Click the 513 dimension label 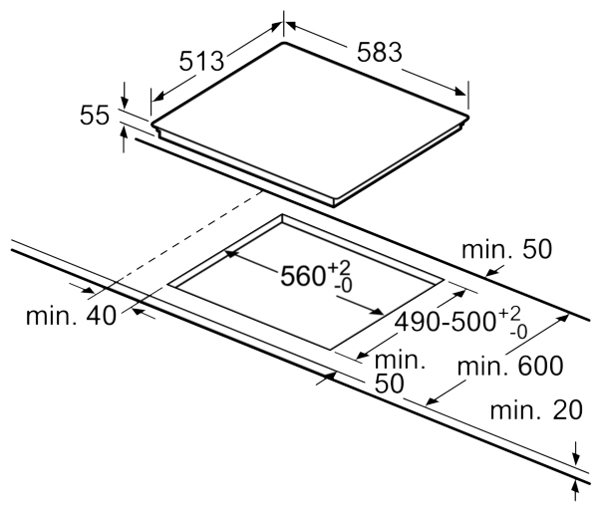(201, 61)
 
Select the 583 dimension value (380, 52)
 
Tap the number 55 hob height (95, 116)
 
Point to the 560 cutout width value (303, 276)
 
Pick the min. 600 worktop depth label (510, 366)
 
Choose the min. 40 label (71, 316)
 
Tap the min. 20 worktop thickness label (536, 410)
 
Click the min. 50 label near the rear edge (506, 249)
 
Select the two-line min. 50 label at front (400, 372)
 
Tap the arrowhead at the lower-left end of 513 (157, 97)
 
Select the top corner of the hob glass (284, 43)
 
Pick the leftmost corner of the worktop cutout (167, 285)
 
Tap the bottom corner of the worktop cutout (331, 350)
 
